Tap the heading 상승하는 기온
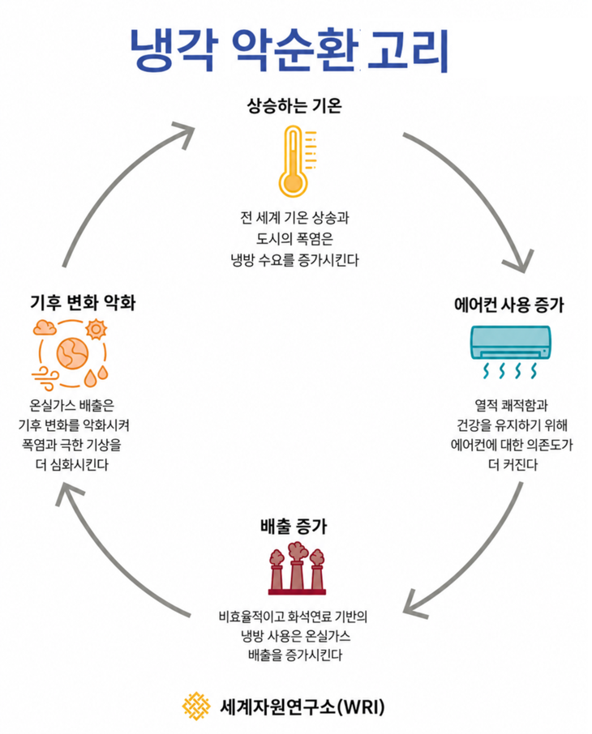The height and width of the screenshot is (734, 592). [x=294, y=105]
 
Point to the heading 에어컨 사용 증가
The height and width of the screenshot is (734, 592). [x=509, y=305]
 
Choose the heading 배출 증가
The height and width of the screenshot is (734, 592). [x=294, y=527]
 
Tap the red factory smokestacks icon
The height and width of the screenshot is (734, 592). [x=297, y=569]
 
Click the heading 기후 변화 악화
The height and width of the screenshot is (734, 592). [x=83, y=302]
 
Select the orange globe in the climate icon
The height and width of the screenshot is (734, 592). [x=72, y=354]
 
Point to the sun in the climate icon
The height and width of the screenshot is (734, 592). [x=96, y=329]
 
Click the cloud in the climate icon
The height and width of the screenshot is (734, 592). [x=45, y=327]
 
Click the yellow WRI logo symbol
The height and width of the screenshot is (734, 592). [x=196, y=706]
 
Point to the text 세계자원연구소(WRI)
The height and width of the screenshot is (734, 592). [x=302, y=706]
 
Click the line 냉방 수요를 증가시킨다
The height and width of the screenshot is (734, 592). [x=295, y=260]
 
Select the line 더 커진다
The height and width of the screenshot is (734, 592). [x=513, y=465]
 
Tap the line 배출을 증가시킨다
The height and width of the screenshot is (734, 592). [x=295, y=655]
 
